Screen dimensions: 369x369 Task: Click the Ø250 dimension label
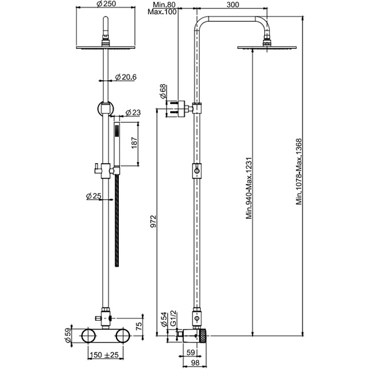(x=106, y=4)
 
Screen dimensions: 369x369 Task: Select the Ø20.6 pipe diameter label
(x=126, y=77)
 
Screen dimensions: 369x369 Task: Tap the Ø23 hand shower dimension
(x=133, y=112)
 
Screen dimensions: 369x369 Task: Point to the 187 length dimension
(x=134, y=143)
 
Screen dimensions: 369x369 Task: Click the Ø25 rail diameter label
(x=94, y=196)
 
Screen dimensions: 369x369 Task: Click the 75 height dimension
(x=139, y=326)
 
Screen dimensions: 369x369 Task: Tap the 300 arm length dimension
(x=232, y=5)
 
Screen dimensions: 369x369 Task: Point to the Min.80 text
(x=164, y=5)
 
